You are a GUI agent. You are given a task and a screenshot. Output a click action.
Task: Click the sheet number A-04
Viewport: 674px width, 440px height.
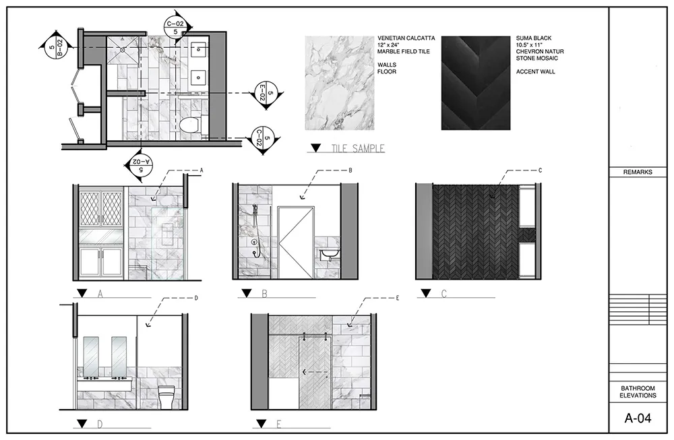click(638, 418)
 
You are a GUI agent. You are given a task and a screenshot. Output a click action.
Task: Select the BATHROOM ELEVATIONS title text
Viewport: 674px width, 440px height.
click(638, 392)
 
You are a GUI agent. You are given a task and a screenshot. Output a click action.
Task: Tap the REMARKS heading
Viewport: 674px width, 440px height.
click(638, 172)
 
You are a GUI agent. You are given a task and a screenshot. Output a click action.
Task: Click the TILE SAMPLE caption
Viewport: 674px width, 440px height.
click(358, 149)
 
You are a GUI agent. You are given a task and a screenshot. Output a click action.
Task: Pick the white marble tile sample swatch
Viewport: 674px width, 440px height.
click(340, 83)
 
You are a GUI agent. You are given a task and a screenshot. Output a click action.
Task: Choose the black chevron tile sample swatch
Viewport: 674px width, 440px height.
click(476, 83)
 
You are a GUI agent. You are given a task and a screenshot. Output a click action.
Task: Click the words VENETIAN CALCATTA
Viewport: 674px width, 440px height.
click(406, 38)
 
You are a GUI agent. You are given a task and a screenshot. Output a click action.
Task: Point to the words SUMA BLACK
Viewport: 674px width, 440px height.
click(534, 38)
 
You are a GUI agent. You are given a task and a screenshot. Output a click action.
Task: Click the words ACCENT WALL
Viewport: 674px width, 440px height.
click(536, 71)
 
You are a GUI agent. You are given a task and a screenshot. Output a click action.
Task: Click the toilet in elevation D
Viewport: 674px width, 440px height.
click(166, 397)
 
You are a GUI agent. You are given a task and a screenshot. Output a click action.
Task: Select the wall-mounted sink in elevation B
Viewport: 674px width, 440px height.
click(330, 255)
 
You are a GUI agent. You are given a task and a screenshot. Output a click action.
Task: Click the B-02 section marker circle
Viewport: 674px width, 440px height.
click(55, 48)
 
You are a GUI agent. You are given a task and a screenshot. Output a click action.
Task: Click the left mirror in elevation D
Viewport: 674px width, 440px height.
click(91, 356)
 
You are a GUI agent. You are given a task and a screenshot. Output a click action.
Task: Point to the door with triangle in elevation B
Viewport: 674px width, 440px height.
click(296, 243)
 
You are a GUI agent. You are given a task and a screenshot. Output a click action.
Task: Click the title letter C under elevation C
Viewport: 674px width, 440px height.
click(444, 294)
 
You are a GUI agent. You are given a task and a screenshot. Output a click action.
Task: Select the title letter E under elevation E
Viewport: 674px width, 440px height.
click(278, 425)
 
